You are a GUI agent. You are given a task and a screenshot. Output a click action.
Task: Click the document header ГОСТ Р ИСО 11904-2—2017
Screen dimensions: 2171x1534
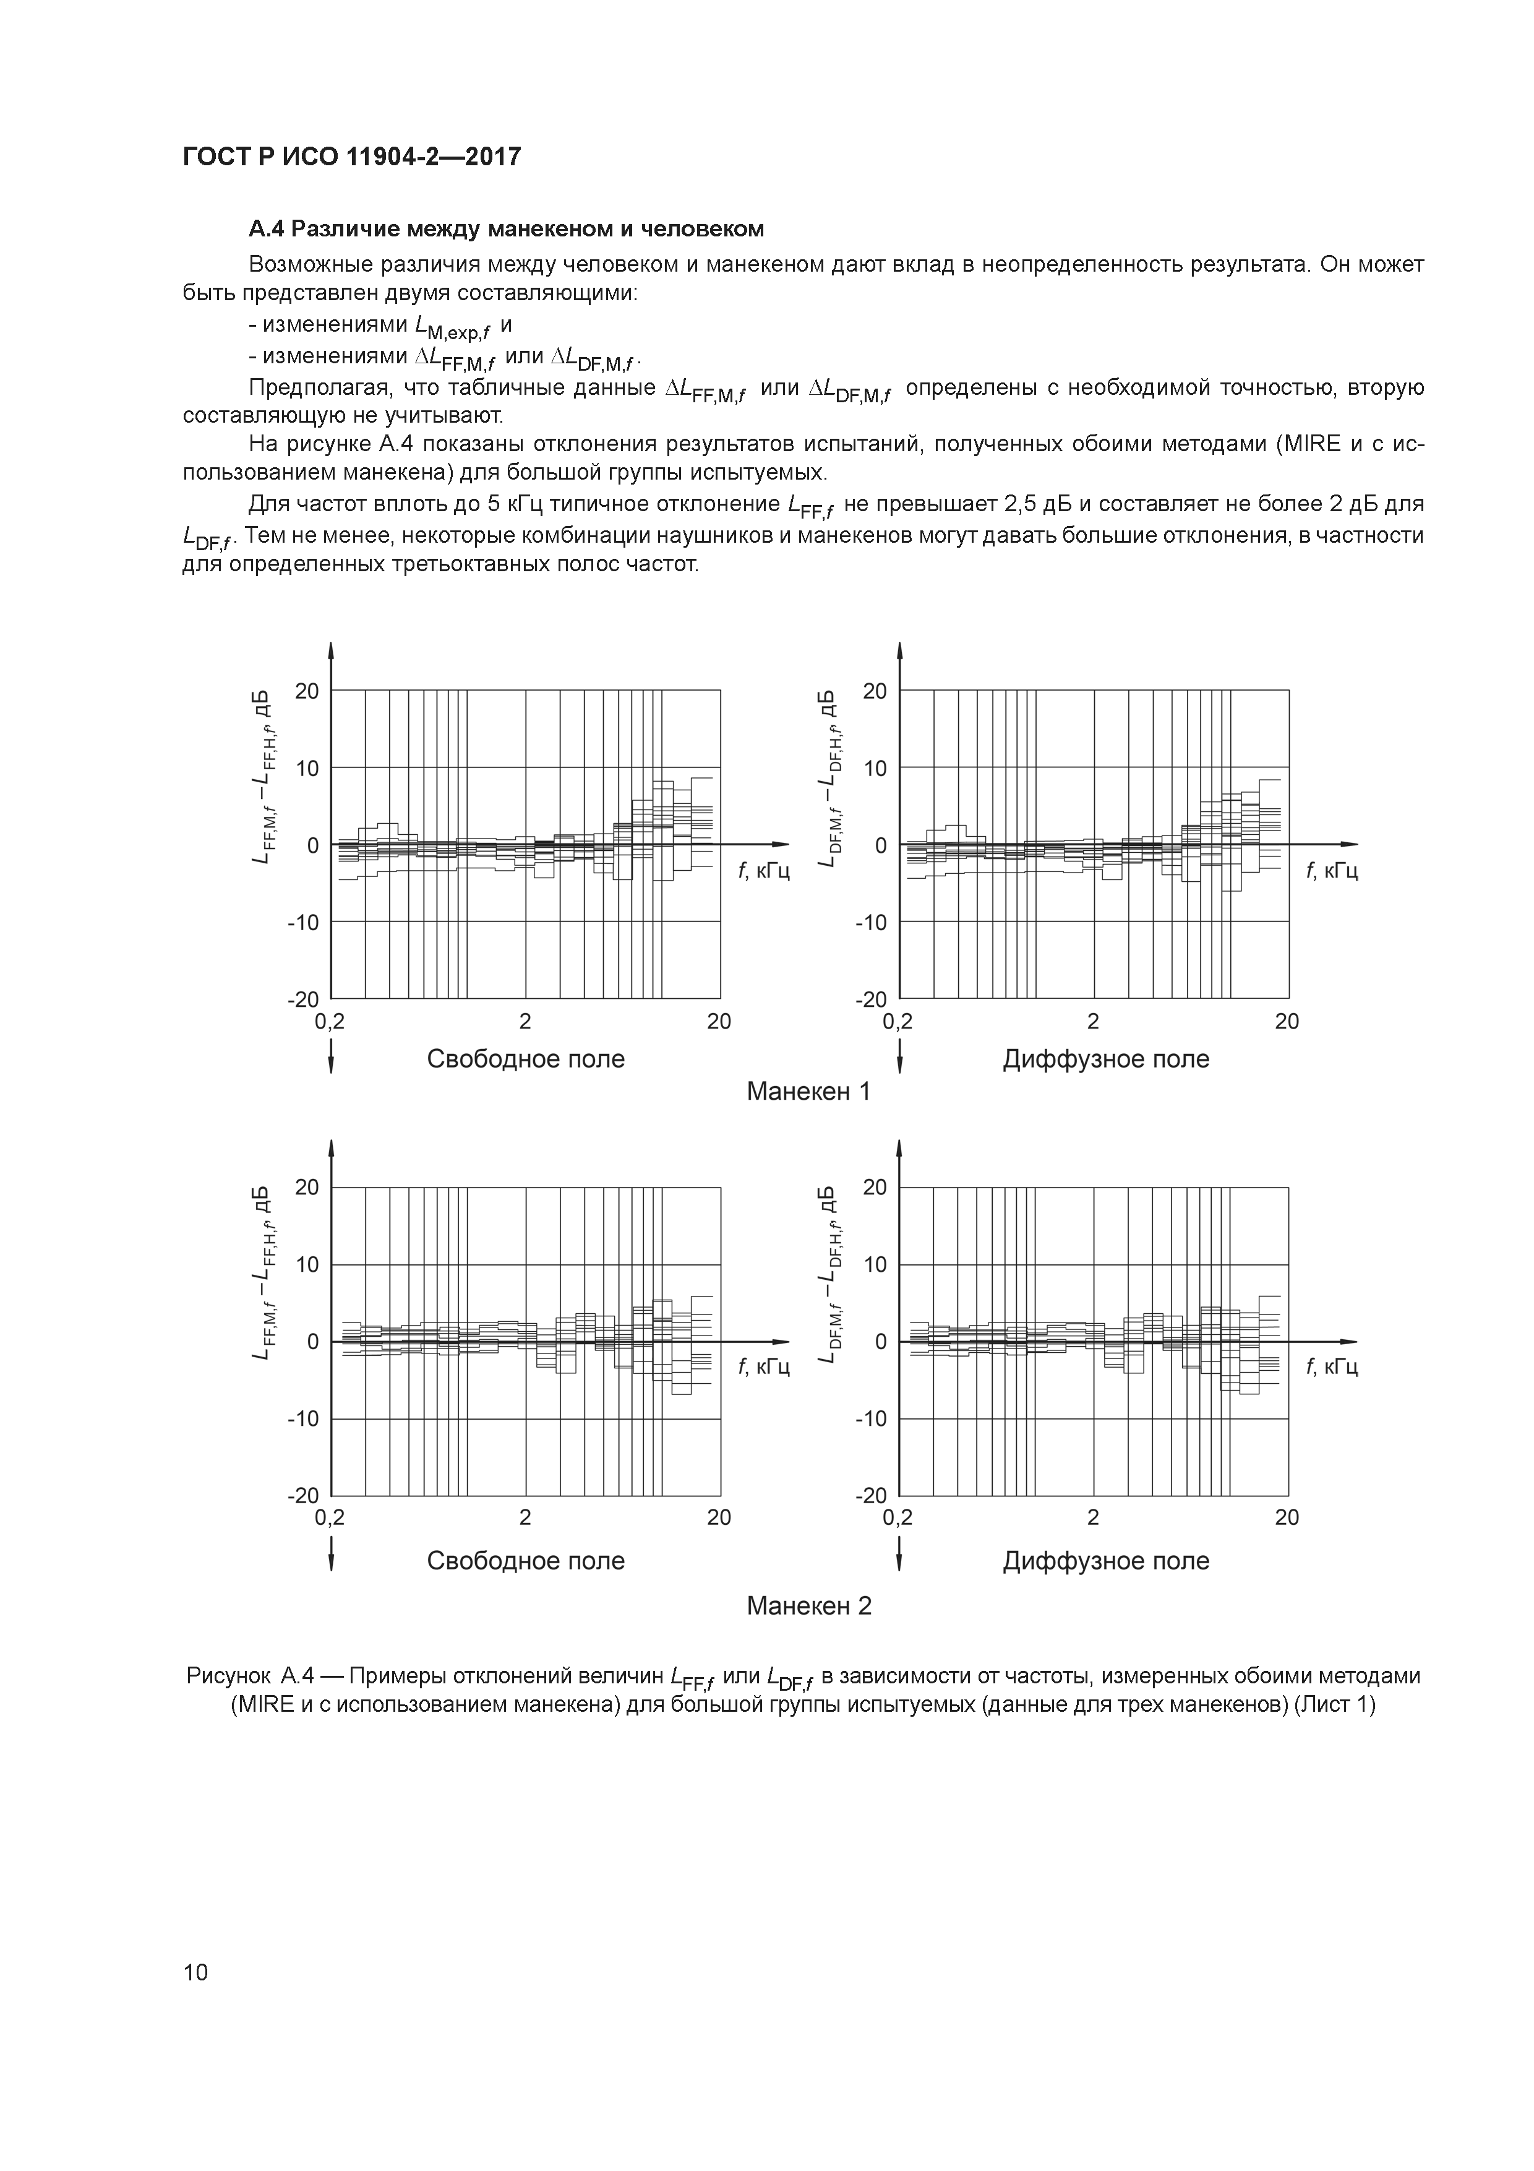(x=351, y=157)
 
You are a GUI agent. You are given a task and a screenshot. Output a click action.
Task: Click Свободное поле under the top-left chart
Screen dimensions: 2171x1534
(x=526, y=1058)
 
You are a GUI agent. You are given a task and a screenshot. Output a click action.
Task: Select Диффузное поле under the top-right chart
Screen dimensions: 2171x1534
(x=1106, y=1058)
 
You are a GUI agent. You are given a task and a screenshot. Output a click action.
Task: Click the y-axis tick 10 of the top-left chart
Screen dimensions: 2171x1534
(x=307, y=768)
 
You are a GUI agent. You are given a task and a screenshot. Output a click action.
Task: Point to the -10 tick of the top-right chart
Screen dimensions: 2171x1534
(x=872, y=922)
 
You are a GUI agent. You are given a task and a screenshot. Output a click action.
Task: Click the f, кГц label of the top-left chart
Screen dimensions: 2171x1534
(x=764, y=870)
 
